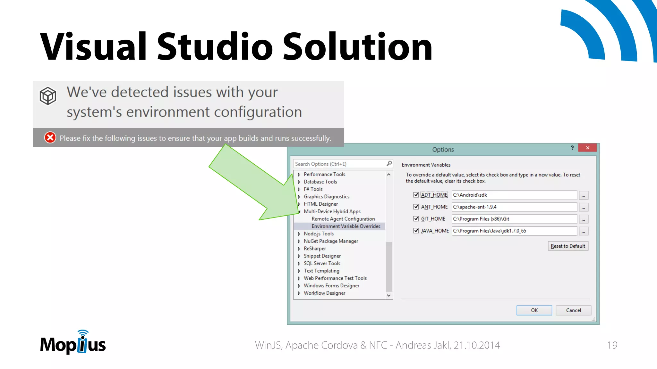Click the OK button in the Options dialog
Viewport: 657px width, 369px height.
pyautogui.click(x=534, y=310)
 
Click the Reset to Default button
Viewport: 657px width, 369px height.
pyautogui.click(x=567, y=246)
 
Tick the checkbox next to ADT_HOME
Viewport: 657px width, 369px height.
pyautogui.click(x=416, y=195)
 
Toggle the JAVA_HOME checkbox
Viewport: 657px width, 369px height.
pyautogui.click(x=416, y=231)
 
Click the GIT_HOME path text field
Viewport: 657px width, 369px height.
pyautogui.click(x=514, y=219)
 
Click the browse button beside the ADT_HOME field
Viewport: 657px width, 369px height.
pyautogui.click(x=583, y=195)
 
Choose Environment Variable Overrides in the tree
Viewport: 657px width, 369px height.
pyautogui.click(x=346, y=226)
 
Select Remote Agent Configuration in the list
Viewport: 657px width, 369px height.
pyautogui.click(x=343, y=219)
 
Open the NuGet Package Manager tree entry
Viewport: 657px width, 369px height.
pyautogui.click(x=331, y=241)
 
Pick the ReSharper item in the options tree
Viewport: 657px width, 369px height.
pyautogui.click(x=315, y=249)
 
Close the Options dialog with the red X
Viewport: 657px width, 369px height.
pyautogui.click(x=587, y=148)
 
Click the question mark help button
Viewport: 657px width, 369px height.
pyautogui.click(x=572, y=148)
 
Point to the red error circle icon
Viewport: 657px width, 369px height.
pyautogui.click(x=50, y=138)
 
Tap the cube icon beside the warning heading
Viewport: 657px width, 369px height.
pyautogui.click(x=48, y=96)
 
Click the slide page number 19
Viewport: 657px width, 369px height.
pyautogui.click(x=612, y=345)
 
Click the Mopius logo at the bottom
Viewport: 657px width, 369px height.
pyautogui.click(x=73, y=343)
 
